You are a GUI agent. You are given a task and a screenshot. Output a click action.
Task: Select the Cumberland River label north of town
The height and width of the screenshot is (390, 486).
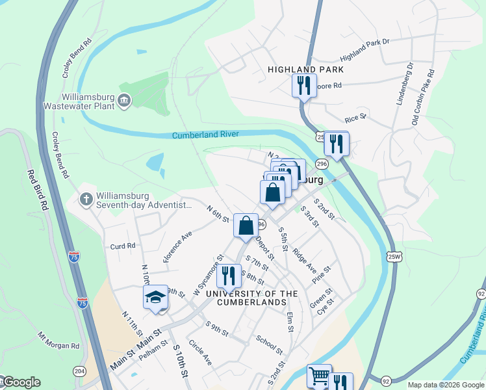coord(205,135)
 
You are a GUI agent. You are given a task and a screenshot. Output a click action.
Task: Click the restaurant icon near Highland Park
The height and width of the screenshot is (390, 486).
coord(303,85)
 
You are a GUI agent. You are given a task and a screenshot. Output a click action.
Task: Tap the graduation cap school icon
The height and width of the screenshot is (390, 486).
coord(155,297)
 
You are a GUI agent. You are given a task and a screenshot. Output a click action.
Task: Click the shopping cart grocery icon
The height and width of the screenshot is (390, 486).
coord(319,376)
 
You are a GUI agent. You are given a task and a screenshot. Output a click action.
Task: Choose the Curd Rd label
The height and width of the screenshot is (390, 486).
coord(122,246)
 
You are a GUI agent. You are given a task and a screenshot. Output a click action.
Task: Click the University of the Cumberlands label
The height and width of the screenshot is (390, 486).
coord(251,298)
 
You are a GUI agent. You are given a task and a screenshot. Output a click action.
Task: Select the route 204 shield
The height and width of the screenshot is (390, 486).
coord(79,371)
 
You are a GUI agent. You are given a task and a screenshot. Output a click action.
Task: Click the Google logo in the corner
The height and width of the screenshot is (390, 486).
coord(21,382)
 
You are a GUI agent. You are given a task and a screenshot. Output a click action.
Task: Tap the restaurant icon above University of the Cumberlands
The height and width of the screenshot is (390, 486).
coord(227,276)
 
